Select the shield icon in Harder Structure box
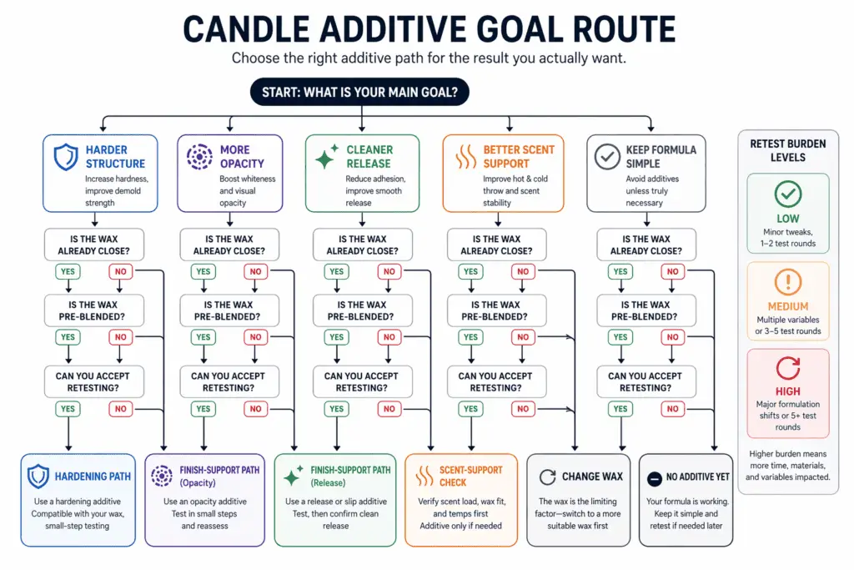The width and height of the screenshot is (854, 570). [65, 157]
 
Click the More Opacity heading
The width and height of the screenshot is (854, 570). [242, 157]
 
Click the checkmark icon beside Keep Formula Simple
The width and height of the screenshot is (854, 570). [603, 157]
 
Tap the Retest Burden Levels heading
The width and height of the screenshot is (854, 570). [787, 150]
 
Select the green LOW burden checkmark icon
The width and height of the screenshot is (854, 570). [787, 194]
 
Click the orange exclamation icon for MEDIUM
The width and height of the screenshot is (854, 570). [787, 282]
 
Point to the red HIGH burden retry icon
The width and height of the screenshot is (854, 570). [787, 368]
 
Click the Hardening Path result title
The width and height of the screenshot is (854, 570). [92, 477]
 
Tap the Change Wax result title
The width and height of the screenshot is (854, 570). [592, 477]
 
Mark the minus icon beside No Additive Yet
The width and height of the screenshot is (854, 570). [655, 477]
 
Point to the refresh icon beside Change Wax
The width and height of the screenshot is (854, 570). [547, 477]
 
